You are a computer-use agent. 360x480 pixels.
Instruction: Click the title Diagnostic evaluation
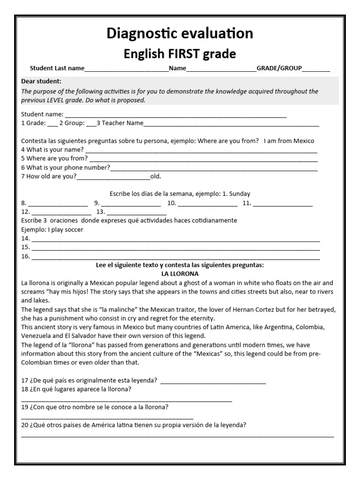(x=180, y=33)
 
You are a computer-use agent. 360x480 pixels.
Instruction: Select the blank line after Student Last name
(x=127, y=69)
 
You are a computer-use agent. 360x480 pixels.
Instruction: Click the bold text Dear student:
(x=41, y=81)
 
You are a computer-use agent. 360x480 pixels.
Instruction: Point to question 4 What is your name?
(x=52, y=150)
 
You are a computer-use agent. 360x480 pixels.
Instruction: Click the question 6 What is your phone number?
(x=66, y=167)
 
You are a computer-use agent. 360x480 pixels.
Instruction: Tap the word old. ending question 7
(x=155, y=177)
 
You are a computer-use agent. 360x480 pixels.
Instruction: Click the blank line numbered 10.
(x=208, y=204)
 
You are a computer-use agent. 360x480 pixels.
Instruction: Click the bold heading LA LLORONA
(x=180, y=274)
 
